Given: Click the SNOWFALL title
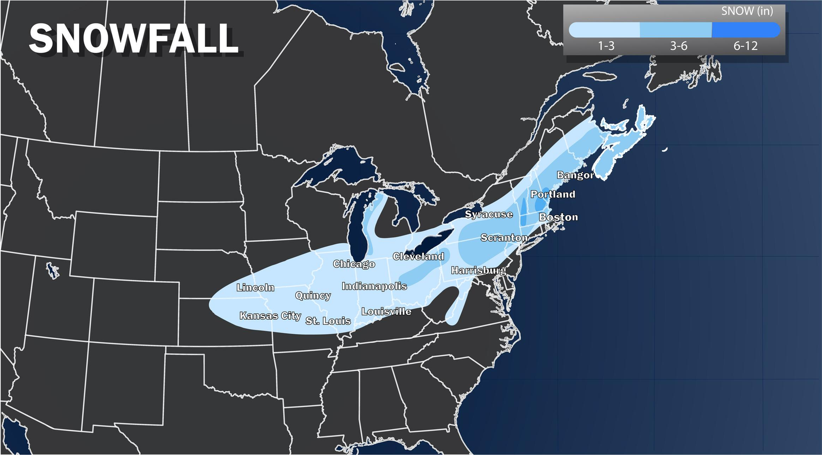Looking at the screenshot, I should tap(134, 39).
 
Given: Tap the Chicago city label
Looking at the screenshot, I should tap(354, 264).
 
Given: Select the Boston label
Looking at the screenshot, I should tap(558, 217).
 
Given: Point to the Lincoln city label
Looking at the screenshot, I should tap(255, 287).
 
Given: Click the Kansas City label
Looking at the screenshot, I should tap(270, 316).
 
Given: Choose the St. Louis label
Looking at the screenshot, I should tap(328, 321).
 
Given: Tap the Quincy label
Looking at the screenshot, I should tap(313, 295).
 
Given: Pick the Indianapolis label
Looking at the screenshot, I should tap(374, 286).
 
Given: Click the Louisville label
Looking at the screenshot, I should tap(386, 311).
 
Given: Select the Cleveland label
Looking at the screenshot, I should tap(418, 256).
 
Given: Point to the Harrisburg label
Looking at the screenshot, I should tap(478, 270).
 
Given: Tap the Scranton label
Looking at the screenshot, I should tap(504, 238).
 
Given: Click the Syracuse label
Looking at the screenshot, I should tap(489, 214).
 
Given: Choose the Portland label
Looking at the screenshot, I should tap(553, 194).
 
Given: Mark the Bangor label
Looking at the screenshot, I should tap(575, 175).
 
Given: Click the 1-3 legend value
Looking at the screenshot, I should tap(606, 46).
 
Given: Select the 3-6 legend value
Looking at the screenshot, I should tap(678, 46).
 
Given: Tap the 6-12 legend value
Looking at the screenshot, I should tap(745, 46).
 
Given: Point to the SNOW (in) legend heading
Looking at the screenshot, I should tap(746, 11).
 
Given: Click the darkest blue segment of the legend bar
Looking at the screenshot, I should tap(745, 30).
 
